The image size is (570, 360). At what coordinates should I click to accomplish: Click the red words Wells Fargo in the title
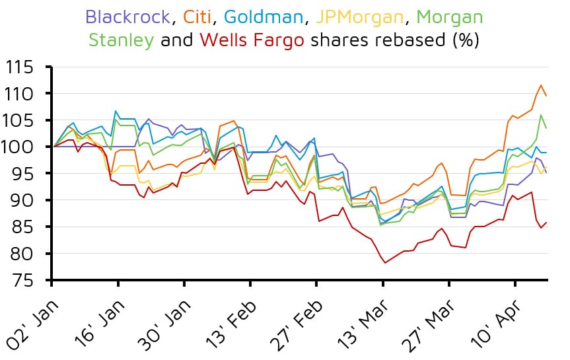(x=252, y=41)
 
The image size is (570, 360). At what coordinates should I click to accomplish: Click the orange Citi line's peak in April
(x=541, y=85)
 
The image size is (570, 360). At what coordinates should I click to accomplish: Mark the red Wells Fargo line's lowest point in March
(x=385, y=263)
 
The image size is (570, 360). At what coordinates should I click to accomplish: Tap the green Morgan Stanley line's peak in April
(x=541, y=115)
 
